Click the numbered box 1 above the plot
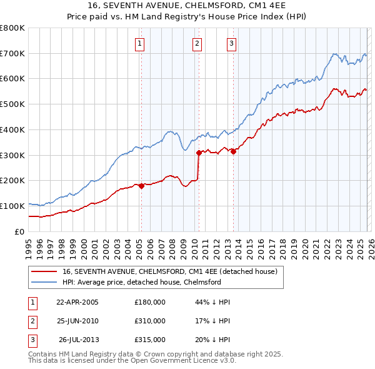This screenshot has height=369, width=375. click(x=139, y=43)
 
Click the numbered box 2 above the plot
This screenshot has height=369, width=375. click(x=197, y=43)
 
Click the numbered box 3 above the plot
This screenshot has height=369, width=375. click(x=231, y=43)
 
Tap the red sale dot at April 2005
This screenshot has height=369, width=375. click(x=141, y=185)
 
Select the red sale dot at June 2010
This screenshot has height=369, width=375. click(x=199, y=152)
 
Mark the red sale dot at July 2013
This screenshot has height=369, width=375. click(x=233, y=151)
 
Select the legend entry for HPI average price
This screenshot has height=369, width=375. click(x=142, y=282)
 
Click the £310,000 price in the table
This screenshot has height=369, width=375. click(x=150, y=321)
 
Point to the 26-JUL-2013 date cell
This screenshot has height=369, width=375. click(x=78, y=340)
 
